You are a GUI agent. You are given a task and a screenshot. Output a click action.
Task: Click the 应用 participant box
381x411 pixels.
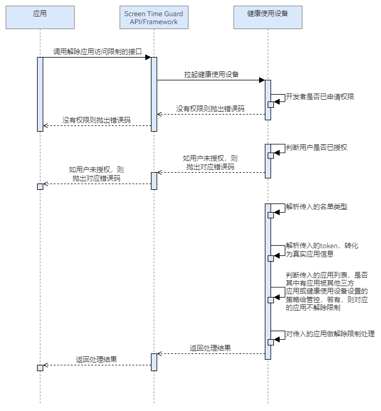click(40, 18)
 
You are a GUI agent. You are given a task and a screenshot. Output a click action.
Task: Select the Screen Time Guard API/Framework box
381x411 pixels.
click(154, 18)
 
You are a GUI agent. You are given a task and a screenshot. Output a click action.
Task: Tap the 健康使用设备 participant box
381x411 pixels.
click(268, 18)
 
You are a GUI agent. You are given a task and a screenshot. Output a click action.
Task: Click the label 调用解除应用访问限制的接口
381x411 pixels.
click(97, 51)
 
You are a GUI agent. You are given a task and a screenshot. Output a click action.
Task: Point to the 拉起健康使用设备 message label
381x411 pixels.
click(211, 74)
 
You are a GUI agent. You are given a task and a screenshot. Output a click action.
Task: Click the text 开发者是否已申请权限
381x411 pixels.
click(319, 97)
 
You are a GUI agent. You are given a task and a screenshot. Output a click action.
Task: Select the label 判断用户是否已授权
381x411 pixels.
click(317, 147)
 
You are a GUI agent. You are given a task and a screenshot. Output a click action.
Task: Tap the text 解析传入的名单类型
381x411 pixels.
click(317, 206)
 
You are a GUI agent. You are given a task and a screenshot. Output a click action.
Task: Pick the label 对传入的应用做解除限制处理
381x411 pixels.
click(330, 333)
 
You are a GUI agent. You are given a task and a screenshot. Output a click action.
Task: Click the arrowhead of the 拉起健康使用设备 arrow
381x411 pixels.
click(261, 80)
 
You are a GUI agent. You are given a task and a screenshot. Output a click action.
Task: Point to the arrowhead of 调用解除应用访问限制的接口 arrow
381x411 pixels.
click(148, 57)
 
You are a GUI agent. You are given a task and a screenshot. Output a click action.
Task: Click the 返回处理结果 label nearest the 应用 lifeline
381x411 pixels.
click(97, 360)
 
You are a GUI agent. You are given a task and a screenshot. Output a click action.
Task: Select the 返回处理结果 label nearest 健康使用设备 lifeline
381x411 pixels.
click(210, 348)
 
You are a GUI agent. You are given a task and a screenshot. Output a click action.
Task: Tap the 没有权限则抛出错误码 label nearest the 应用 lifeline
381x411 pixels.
click(96, 120)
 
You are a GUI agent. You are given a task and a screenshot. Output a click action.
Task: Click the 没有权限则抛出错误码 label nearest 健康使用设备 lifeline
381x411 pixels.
click(210, 108)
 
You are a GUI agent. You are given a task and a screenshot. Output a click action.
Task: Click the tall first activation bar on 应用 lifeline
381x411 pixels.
click(40, 94)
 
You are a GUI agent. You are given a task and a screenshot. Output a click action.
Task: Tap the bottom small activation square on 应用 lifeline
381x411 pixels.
click(40, 368)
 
